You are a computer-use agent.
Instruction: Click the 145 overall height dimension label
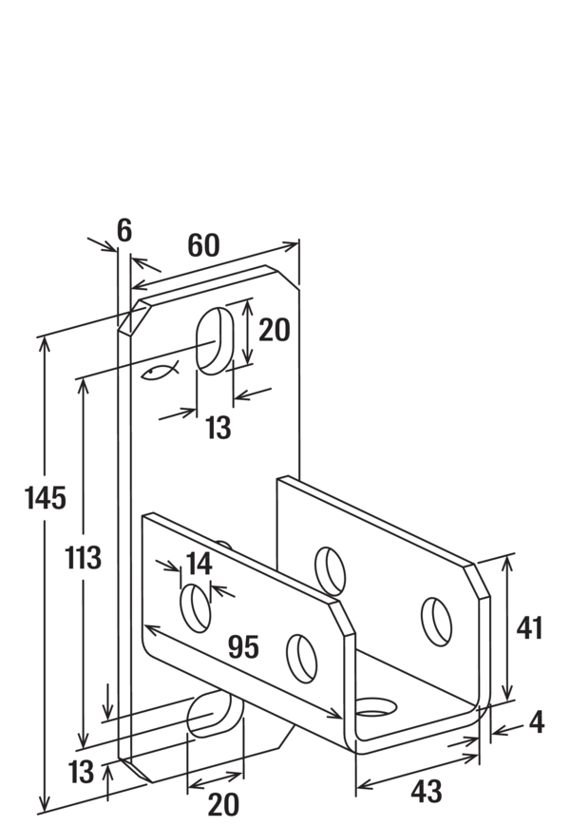[x=45, y=497]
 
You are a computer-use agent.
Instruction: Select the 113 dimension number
[x=83, y=558]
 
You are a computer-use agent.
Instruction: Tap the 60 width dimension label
[x=202, y=245]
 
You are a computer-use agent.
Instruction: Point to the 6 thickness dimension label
[x=124, y=229]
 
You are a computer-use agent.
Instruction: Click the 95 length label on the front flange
[x=243, y=647]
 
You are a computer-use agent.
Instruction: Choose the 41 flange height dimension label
[x=528, y=628]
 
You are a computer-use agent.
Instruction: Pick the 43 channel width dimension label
[x=427, y=791]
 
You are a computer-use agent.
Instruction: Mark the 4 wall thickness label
[x=536, y=722]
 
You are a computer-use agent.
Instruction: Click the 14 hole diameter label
[x=198, y=564]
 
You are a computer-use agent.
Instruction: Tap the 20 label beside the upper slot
[x=274, y=331]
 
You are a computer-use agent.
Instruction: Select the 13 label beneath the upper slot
[x=218, y=429]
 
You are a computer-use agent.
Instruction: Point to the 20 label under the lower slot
[x=222, y=805]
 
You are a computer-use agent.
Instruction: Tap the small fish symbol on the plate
[x=159, y=372]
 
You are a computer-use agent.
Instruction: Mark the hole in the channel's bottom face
[x=376, y=707]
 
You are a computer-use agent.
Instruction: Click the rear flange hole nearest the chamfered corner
[x=436, y=619]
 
